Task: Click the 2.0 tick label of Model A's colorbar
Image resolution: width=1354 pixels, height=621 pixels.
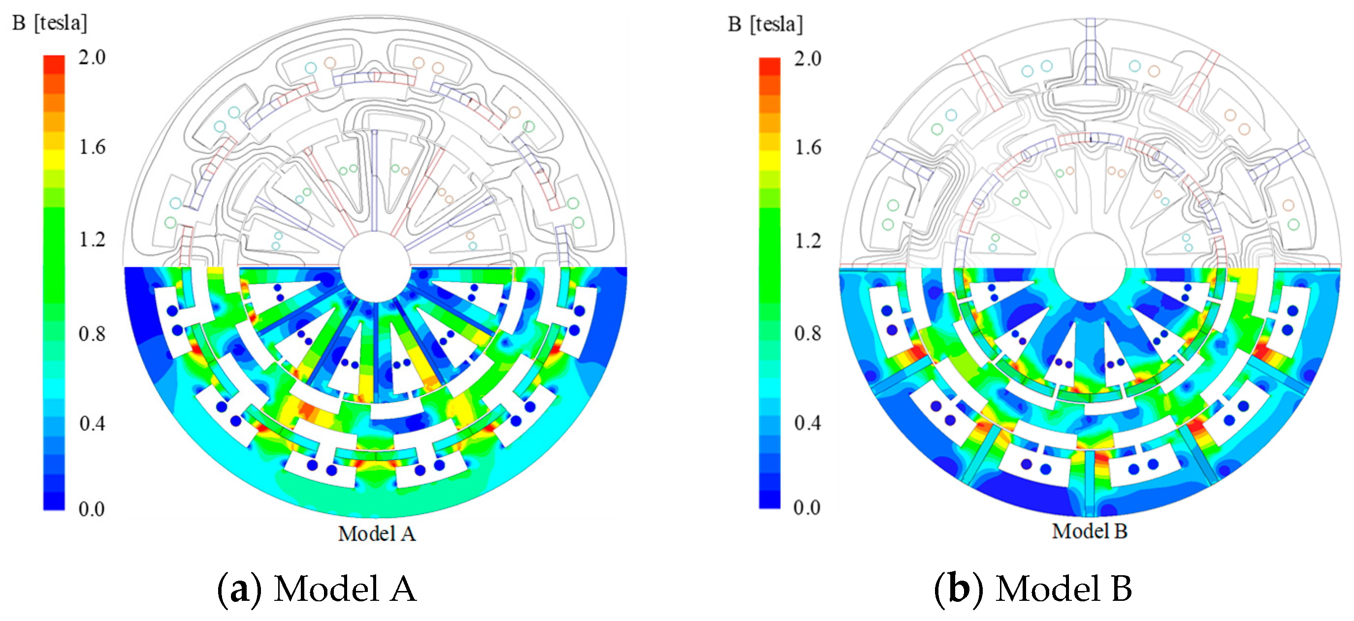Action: [92, 57]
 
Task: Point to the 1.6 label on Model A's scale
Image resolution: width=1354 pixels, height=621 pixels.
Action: [92, 147]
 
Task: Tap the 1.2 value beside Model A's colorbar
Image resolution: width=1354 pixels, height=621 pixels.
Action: [92, 240]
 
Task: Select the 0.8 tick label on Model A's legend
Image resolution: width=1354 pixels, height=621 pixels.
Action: [92, 334]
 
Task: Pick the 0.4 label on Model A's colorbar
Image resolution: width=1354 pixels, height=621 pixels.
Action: [92, 423]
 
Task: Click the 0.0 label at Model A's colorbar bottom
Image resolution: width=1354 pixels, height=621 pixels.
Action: [92, 509]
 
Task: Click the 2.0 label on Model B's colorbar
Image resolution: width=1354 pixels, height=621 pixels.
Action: [807, 59]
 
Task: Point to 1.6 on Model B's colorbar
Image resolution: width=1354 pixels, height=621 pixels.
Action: [807, 148]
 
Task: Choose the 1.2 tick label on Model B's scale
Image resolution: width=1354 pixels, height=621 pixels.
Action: [807, 241]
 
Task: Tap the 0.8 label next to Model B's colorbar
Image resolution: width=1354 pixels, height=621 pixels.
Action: [807, 333]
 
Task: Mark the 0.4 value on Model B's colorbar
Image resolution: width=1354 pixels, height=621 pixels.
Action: [807, 422]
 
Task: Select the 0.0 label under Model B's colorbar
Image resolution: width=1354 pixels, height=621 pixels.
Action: [807, 507]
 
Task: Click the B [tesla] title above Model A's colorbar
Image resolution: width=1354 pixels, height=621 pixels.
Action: [50, 23]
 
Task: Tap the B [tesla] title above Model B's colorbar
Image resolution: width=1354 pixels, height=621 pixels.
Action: [765, 24]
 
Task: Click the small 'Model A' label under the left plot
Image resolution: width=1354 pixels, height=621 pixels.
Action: [376, 534]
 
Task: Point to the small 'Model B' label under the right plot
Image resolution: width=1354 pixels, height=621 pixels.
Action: [1090, 531]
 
